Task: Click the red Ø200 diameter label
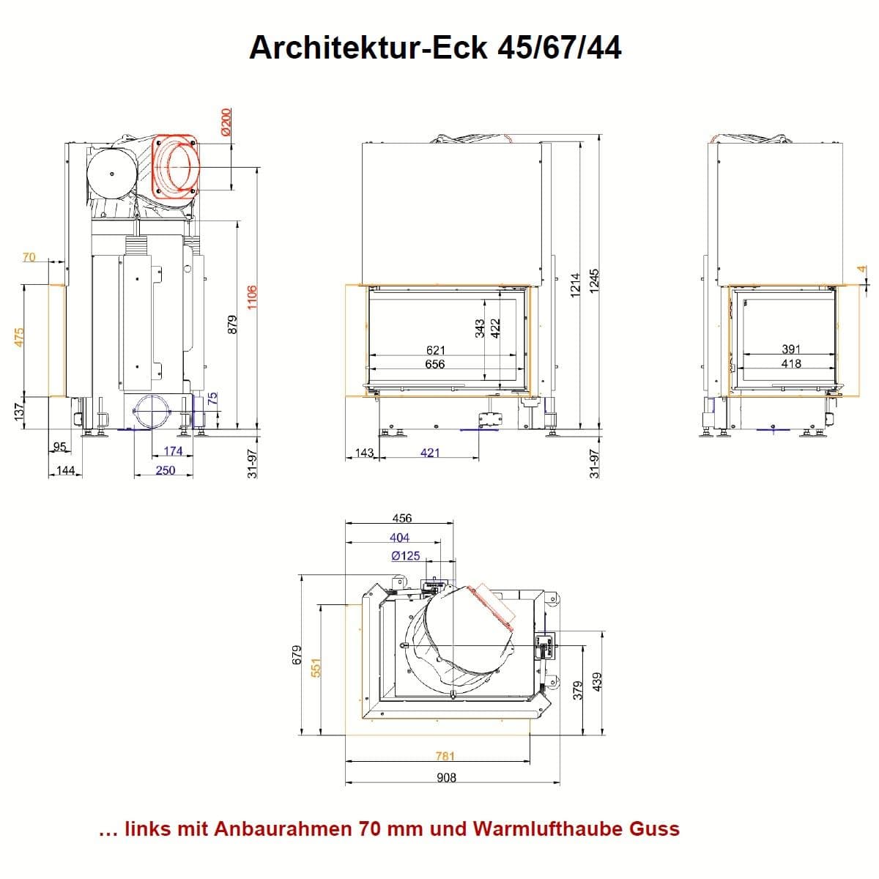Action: click(226, 122)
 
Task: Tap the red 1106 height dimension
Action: click(252, 297)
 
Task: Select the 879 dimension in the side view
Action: click(232, 324)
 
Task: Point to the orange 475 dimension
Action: click(19, 337)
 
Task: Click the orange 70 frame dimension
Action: click(29, 257)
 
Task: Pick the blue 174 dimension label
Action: click(173, 451)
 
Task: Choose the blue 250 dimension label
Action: click(165, 470)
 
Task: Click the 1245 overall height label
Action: click(593, 281)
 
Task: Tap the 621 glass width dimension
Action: click(436, 350)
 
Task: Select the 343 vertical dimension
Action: click(479, 328)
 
